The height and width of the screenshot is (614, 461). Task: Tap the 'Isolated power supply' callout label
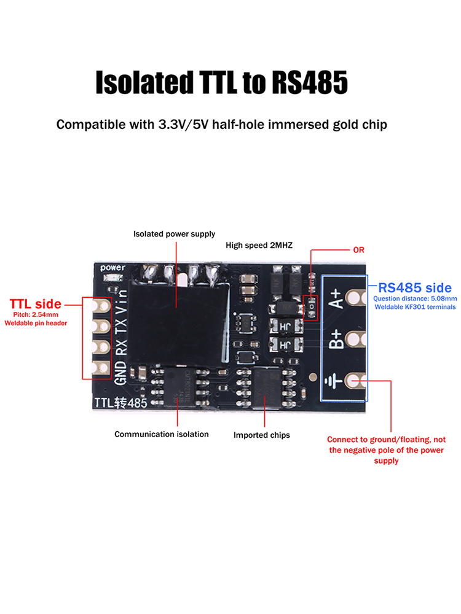coord(175,234)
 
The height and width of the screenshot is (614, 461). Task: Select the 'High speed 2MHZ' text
coord(259,245)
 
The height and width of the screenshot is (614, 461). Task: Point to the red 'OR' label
coord(358,251)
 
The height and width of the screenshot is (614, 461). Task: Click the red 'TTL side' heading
coord(35,304)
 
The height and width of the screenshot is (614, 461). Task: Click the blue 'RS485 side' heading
coord(415,287)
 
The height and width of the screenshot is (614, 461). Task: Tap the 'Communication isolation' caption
coord(162,434)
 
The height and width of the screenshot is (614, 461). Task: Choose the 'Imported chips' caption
coord(262,435)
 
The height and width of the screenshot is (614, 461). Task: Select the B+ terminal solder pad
coord(355,340)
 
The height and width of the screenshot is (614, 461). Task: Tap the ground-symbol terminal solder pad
coord(355,381)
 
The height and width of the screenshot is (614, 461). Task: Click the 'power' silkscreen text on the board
coord(112,268)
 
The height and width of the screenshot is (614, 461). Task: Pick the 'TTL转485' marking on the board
coord(120,402)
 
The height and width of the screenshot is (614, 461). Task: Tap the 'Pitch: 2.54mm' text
coord(35,314)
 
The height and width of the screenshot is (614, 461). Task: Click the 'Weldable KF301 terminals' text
coord(416,307)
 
